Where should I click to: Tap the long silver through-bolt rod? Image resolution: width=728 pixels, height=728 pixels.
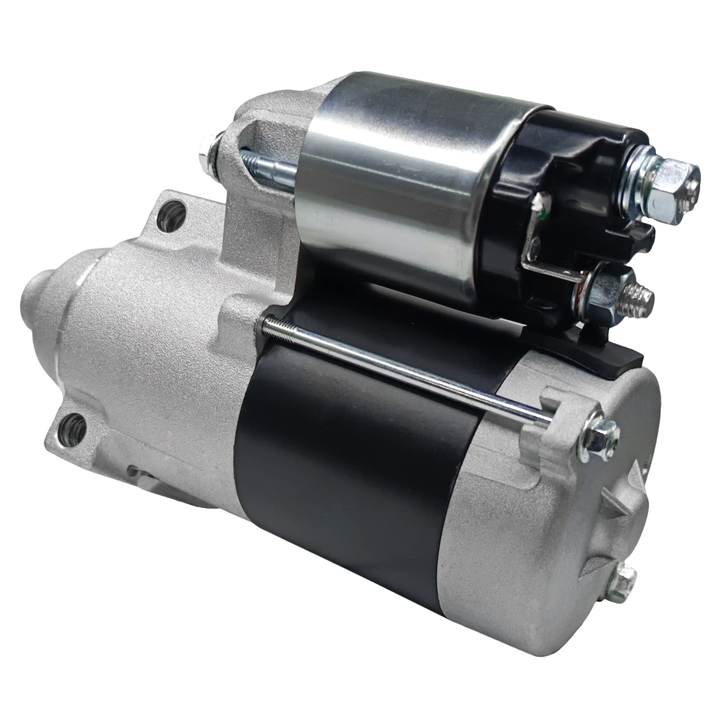pyautogui.click(x=403, y=369)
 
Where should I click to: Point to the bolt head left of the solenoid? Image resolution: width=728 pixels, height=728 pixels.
pyautogui.click(x=205, y=154)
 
